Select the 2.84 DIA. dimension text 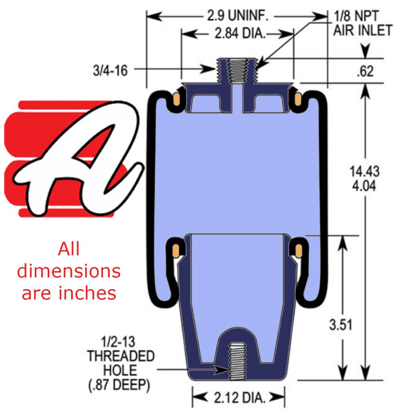point(240,34)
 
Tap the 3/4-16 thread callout point(110,71)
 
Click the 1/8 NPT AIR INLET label point(362,23)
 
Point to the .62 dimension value point(365,71)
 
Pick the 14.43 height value point(365,171)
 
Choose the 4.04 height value point(365,186)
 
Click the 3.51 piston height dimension point(340,325)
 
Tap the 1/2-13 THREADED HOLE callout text point(121,356)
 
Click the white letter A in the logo point(77,158)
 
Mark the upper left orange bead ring point(177,99)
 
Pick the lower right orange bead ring point(298,250)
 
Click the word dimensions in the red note point(69,271)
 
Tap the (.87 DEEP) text point(119,385)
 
